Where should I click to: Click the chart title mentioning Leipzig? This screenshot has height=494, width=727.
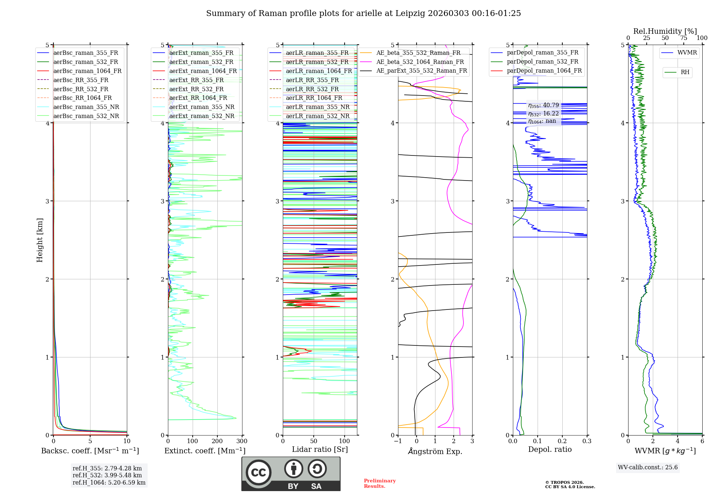click(363, 13)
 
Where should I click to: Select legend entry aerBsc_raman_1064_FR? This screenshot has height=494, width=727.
click(87, 71)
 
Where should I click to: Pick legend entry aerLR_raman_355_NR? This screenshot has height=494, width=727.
click(317, 107)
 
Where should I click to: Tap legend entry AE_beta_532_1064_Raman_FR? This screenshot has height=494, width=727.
click(420, 62)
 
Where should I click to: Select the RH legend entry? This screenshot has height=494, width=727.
click(685, 72)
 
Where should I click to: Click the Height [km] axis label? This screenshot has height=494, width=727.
click(40, 240)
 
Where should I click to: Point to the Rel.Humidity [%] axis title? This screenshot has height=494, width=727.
click(665, 31)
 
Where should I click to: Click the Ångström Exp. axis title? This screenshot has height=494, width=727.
click(435, 452)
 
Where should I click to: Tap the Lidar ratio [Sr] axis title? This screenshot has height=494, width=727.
click(320, 449)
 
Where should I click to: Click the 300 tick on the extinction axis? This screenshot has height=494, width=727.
click(242, 441)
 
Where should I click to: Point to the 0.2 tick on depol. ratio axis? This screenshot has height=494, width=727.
click(562, 441)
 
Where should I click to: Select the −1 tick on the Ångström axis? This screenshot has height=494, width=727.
click(398, 441)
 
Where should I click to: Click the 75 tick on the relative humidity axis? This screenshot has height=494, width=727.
click(684, 38)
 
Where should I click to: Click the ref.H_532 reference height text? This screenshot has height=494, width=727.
click(107, 475)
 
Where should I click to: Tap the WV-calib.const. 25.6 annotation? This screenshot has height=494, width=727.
click(648, 467)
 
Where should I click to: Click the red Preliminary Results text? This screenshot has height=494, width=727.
click(380, 483)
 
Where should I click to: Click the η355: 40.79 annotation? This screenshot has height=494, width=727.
click(543, 105)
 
